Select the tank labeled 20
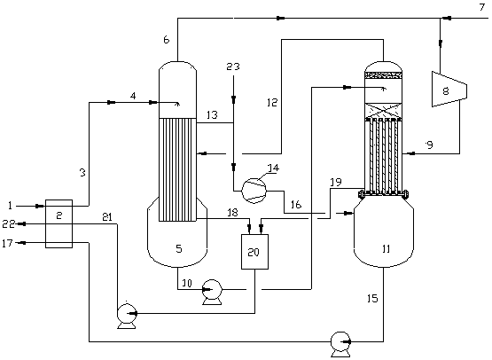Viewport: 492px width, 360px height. click(254, 252)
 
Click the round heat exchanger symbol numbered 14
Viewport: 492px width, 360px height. click(254, 191)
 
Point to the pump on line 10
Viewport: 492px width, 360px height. click(212, 292)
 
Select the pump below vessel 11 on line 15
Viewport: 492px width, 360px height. click(341, 344)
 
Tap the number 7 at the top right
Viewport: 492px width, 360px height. click(482, 7)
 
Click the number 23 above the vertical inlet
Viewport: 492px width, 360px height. click(233, 67)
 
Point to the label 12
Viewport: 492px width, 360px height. click(272, 102)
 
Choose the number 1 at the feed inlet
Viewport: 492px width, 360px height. click(11, 206)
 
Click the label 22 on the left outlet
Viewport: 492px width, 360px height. click(9, 223)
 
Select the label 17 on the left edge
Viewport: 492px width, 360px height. click(7, 243)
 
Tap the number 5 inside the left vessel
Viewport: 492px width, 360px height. click(179, 248)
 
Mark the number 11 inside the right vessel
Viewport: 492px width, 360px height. click(387, 249)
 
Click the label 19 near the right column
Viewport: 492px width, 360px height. click(336, 182)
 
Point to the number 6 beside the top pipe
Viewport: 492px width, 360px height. click(167, 40)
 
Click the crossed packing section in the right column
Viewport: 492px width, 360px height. click(383, 111)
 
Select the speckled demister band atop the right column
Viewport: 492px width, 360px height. click(383, 75)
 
